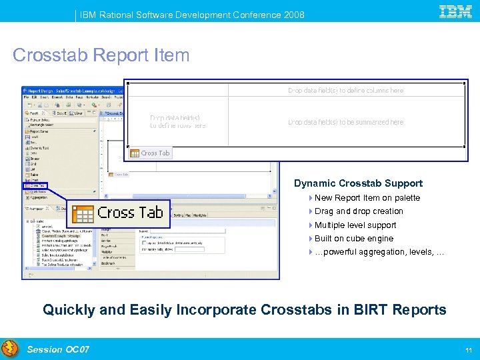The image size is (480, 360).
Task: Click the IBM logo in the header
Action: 456,11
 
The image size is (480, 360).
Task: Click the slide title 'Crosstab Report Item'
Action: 101,55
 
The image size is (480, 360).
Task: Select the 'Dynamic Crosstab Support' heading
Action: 358,183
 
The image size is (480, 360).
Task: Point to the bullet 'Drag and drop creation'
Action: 359,211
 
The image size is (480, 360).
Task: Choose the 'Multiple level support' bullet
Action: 355,225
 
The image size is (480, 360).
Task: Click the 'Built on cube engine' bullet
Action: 353,239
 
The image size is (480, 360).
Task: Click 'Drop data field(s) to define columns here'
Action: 345,90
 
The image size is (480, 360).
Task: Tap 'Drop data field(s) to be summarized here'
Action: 345,123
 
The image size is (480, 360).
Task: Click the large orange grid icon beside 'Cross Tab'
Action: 83,213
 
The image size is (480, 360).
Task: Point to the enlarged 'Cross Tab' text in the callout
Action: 130,213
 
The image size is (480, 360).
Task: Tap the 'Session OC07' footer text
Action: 58,349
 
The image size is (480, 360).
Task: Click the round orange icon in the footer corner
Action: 10,349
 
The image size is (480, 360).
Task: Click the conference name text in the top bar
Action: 192,15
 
